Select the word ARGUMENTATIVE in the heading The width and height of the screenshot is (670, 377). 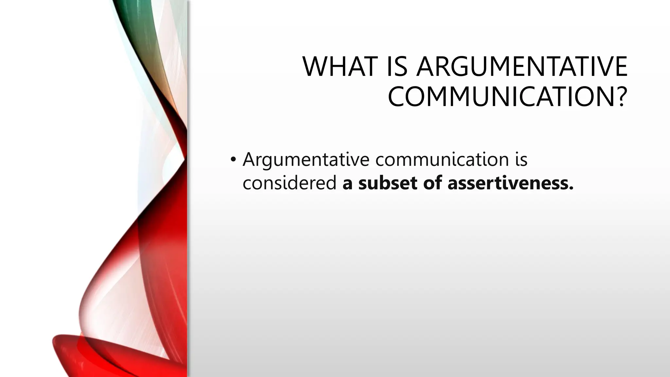[522, 67]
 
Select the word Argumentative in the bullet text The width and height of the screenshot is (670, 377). [306, 160]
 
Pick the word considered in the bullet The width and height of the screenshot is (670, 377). [290, 183]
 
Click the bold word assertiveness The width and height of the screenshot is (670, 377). [507, 183]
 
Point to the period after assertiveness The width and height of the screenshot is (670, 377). [571, 188]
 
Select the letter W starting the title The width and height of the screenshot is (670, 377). [316, 67]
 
